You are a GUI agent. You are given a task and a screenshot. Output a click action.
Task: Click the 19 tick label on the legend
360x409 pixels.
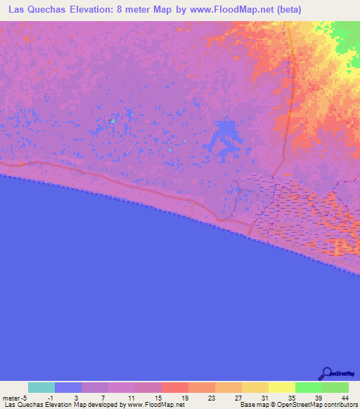(184, 397)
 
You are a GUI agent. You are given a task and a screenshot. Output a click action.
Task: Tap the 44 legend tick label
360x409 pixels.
(345, 397)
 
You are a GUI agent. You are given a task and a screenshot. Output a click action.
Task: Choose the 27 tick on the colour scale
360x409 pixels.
(238, 397)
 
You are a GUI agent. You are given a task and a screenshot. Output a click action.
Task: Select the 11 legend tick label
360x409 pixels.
(130, 397)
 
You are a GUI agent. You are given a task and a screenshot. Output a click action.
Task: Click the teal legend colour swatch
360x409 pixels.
(41, 387)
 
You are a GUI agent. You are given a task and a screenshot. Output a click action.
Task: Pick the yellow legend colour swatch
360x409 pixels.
(281, 387)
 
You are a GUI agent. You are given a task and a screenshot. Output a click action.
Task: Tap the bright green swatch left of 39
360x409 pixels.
(308, 387)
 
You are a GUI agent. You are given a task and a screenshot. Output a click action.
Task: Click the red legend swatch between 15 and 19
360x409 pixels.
(174, 387)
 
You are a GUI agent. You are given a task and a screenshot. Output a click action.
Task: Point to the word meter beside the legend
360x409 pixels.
(12, 397)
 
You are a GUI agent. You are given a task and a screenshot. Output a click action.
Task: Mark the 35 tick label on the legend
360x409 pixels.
(292, 397)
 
